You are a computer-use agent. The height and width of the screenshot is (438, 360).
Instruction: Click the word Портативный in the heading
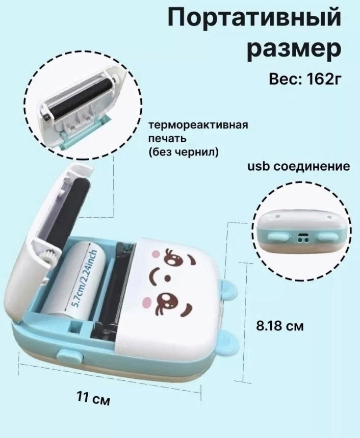click(254, 19)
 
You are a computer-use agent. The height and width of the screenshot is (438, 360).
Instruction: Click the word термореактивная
click(198, 125)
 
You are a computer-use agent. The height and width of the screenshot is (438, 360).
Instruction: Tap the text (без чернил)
click(181, 151)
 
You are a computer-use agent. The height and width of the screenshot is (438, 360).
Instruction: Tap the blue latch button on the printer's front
click(66, 355)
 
